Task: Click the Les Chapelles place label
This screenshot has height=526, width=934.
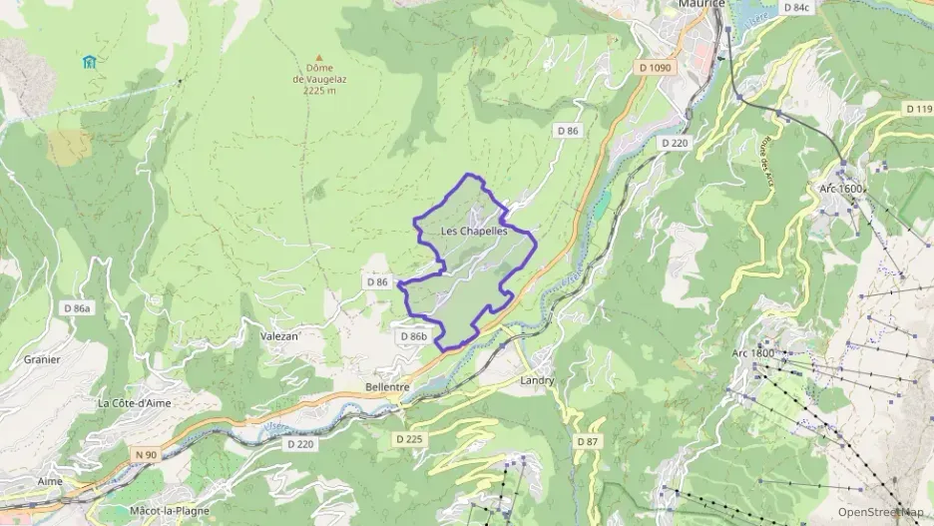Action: [x=474, y=232]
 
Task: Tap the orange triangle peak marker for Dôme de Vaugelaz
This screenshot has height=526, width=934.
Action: [x=319, y=58]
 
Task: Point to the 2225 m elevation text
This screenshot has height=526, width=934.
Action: [x=320, y=90]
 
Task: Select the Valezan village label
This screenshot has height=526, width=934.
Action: [x=280, y=336]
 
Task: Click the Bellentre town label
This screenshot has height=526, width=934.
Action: [x=388, y=386]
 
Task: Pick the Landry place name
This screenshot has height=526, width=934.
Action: [x=537, y=380]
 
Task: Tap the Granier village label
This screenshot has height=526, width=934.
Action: [x=42, y=359]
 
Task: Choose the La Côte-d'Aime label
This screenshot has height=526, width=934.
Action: [x=135, y=403]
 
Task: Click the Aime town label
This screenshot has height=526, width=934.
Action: [x=50, y=480]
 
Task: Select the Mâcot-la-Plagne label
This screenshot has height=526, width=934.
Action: [x=170, y=510]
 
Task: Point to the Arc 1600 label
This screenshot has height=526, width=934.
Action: [x=841, y=188]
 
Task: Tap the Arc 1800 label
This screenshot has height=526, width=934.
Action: [x=752, y=353]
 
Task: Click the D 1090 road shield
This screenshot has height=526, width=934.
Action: [x=654, y=67]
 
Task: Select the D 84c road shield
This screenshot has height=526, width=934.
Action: [x=796, y=7]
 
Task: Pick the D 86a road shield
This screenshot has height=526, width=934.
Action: [x=76, y=308]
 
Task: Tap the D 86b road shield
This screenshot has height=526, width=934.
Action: [x=414, y=336]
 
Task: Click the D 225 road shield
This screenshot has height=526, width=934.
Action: [x=409, y=438]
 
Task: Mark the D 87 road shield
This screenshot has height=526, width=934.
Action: [x=588, y=440]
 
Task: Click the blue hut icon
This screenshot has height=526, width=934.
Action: [x=90, y=62]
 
